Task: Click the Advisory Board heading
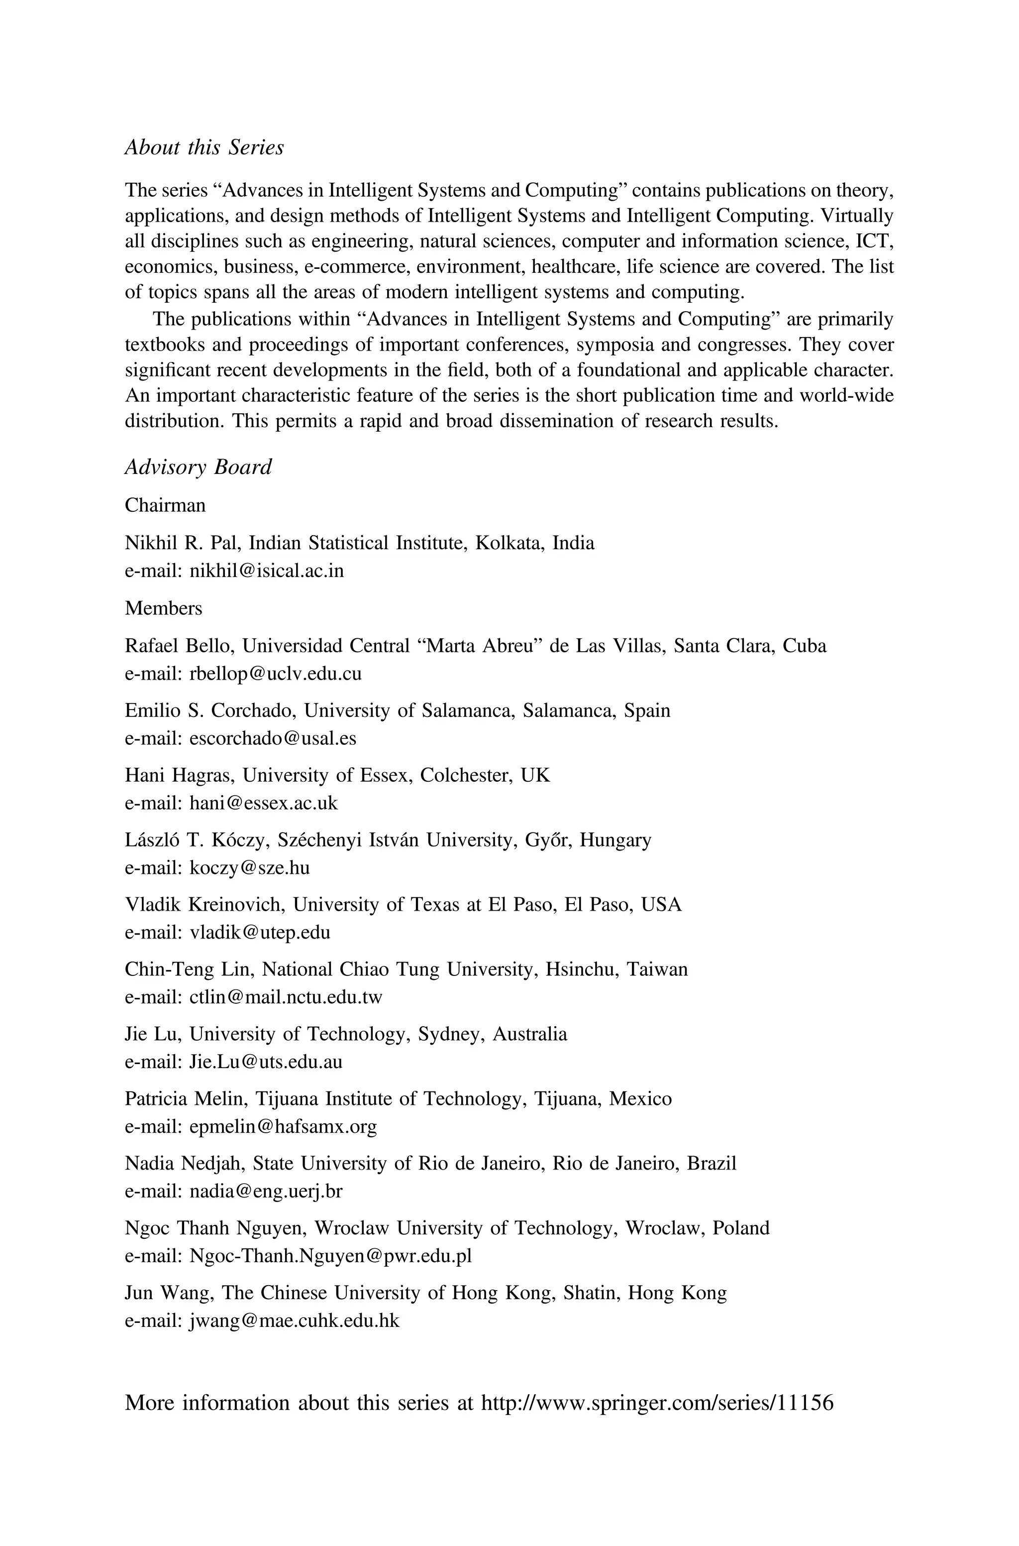198,467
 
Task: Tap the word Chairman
165,505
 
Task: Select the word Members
163,608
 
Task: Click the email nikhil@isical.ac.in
267,571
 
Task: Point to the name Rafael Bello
181,646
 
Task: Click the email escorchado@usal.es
272,738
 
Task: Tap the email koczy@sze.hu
250,867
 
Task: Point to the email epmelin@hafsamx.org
283,1126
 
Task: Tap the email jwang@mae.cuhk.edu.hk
294,1320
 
